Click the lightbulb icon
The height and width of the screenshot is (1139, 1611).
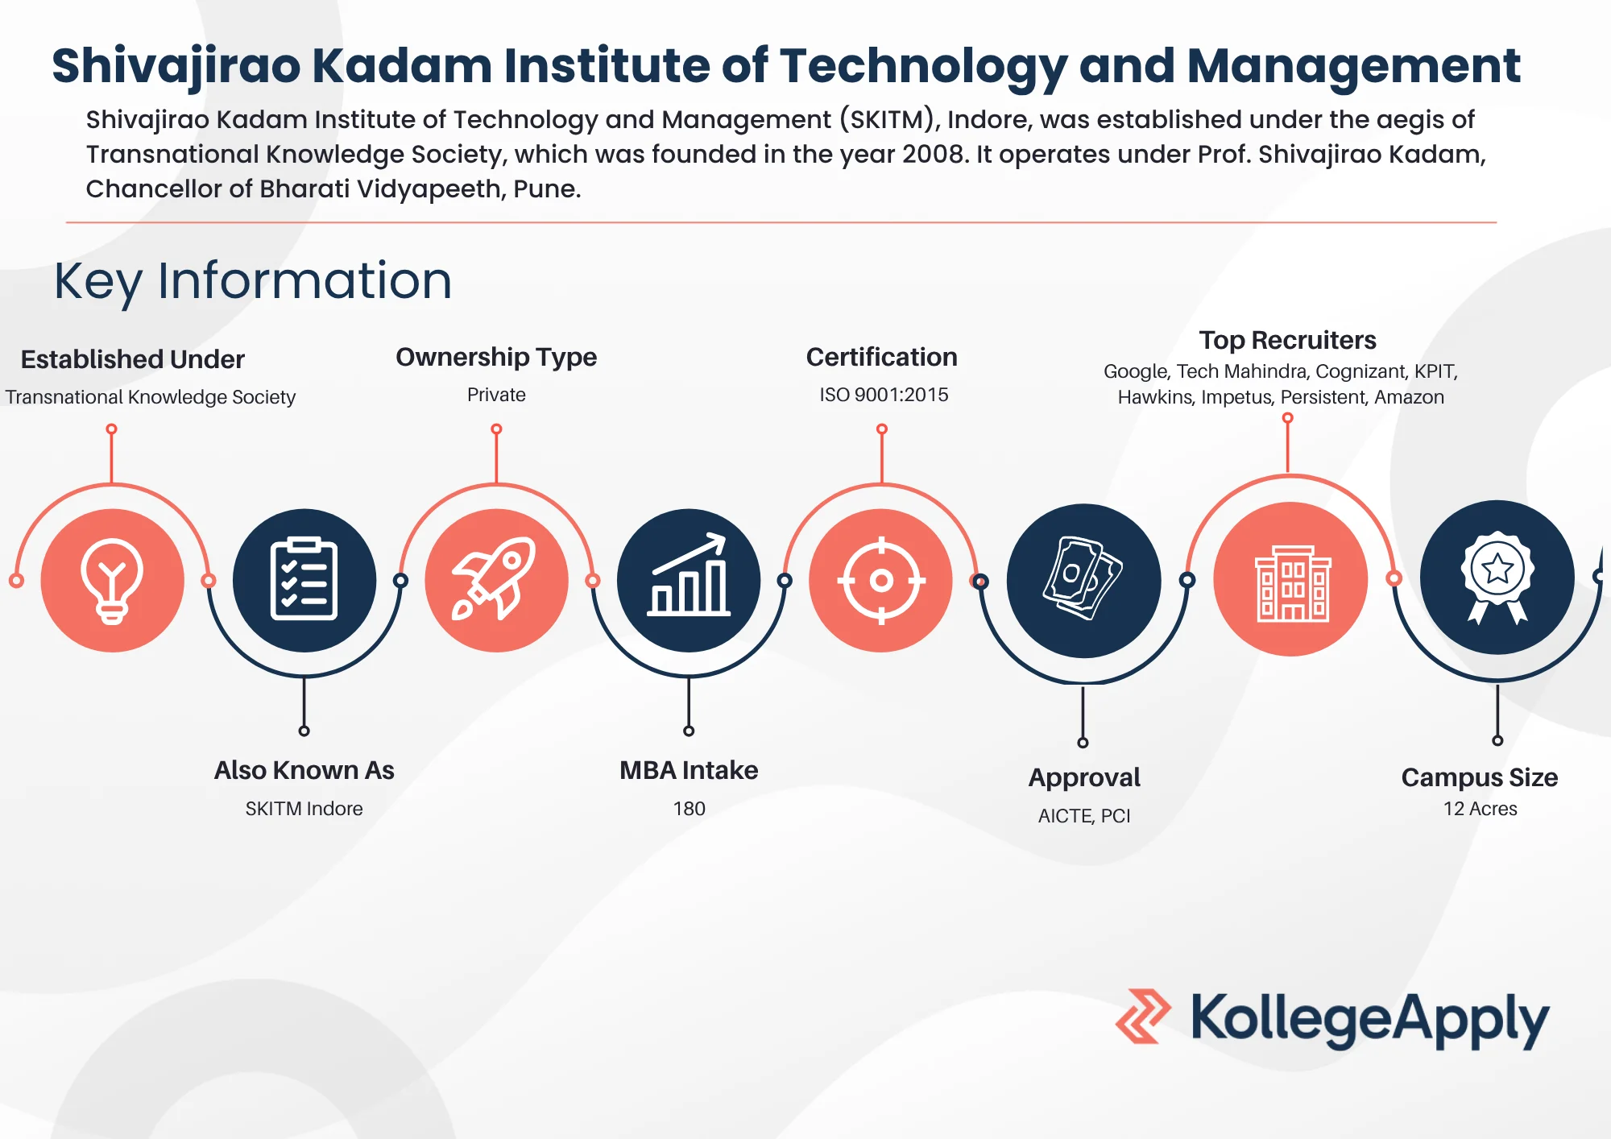coord(112,581)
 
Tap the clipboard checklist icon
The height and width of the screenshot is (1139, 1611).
coord(304,578)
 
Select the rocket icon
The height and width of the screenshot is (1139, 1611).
coord(495,578)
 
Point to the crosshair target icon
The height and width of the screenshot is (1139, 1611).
coord(881,580)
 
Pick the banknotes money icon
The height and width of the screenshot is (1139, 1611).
coord(1083,578)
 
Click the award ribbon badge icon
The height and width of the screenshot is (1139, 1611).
coord(1497,577)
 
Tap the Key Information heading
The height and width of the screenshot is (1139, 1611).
coord(253,281)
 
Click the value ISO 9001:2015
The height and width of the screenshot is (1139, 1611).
coord(884,395)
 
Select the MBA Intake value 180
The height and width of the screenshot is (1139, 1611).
coord(689,808)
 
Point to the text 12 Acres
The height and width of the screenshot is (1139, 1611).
coord(1480,808)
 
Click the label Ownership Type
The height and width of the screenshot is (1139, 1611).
coord(496,357)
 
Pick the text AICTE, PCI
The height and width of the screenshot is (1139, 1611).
coord(1084,816)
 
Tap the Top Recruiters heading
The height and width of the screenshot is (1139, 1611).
coord(1287,340)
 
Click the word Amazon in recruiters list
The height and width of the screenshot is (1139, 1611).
coord(1409,397)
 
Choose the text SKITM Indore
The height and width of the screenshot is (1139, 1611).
coord(304,808)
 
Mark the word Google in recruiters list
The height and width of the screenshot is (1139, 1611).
coord(1135,371)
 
